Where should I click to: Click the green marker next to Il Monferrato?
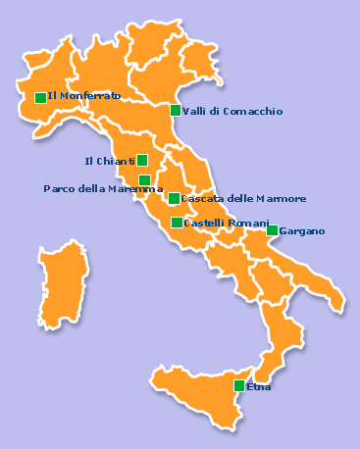tap(40, 97)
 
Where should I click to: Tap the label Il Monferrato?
tap(84, 96)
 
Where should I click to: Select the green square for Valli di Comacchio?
tap(176, 111)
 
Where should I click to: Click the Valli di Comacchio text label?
tap(232, 112)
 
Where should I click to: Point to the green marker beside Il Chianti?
tap(142, 161)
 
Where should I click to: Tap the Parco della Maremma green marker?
tap(144, 180)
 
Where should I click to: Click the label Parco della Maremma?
tap(103, 188)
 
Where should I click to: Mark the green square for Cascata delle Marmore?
tap(174, 199)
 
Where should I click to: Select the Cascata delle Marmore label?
tap(244, 199)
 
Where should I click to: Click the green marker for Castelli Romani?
tap(177, 224)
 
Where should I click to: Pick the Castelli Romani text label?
tap(227, 224)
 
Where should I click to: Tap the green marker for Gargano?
tap(272, 230)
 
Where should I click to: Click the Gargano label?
tap(302, 231)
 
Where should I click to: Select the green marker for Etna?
tap(239, 386)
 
